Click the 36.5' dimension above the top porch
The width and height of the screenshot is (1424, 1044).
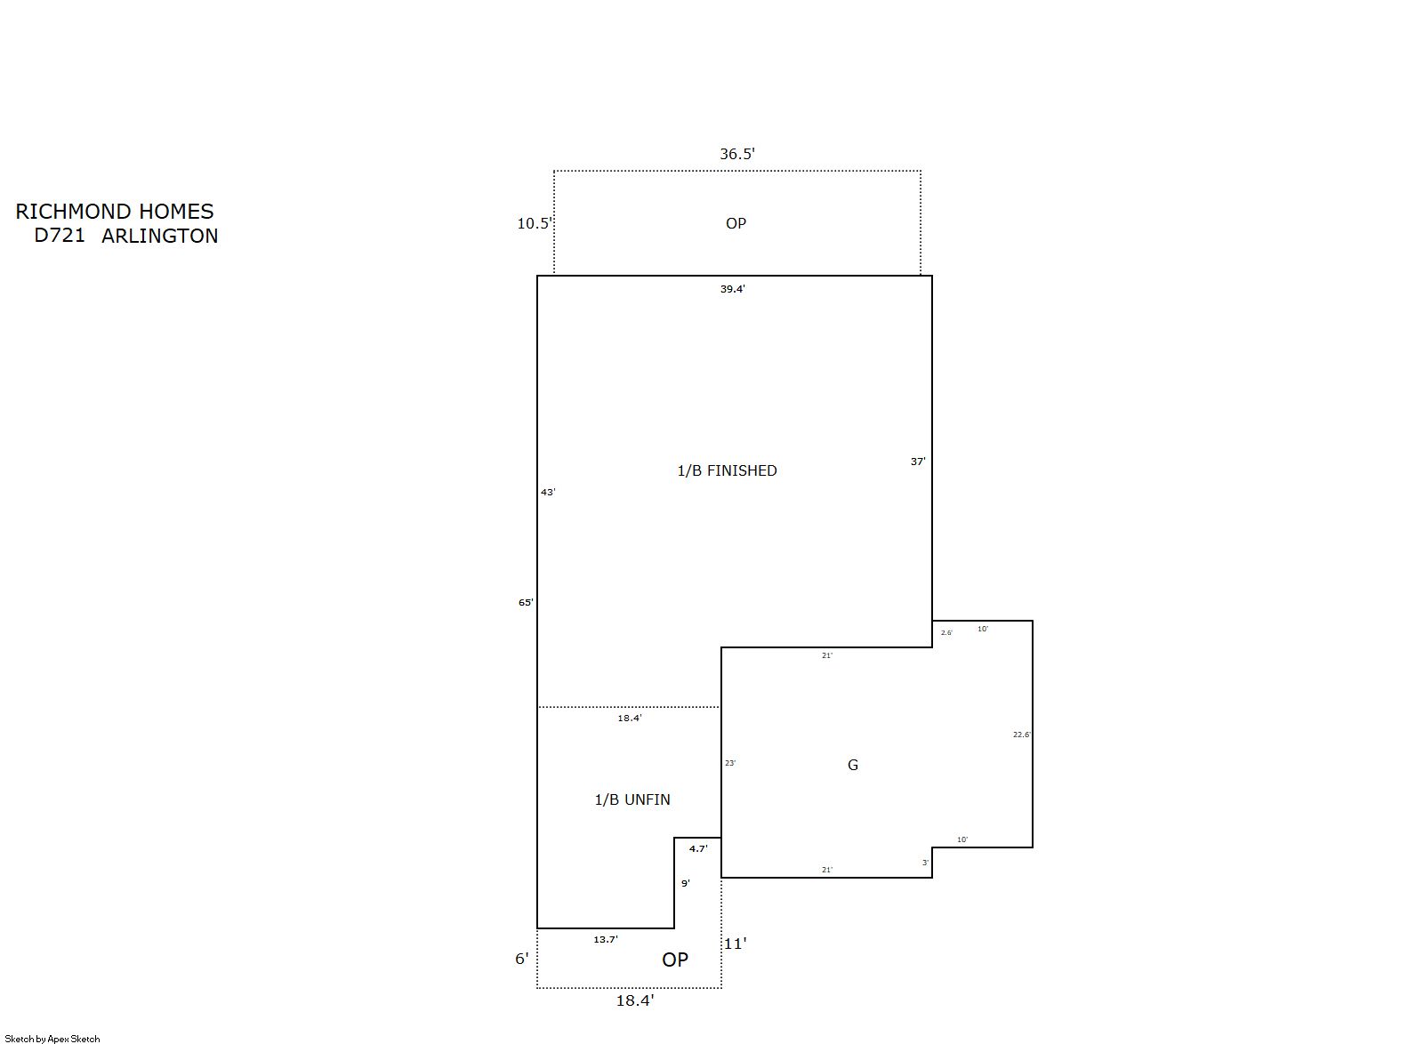[736, 154]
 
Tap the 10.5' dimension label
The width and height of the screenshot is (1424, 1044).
[535, 223]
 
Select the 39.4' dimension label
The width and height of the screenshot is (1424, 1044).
[732, 289]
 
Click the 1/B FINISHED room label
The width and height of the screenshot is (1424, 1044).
[727, 470]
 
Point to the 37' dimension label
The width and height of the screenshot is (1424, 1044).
[918, 462]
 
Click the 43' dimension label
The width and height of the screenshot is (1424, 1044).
[548, 492]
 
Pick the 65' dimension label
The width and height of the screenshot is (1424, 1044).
[526, 602]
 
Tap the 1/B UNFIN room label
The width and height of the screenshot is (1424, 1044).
[632, 800]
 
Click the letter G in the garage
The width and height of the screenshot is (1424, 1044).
[853, 765]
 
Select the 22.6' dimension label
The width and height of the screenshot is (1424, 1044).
[1022, 735]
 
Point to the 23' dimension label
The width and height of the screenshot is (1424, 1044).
[730, 763]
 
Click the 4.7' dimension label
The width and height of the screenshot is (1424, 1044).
[698, 848]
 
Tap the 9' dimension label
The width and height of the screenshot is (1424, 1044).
[685, 883]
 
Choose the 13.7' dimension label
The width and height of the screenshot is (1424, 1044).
[605, 939]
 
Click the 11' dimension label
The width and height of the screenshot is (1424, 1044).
[735, 944]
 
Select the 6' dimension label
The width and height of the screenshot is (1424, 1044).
[521, 959]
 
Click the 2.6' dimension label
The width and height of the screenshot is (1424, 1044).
[946, 632]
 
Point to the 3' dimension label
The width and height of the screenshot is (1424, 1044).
[925, 863]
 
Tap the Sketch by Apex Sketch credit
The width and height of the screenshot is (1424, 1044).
[52, 1039]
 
